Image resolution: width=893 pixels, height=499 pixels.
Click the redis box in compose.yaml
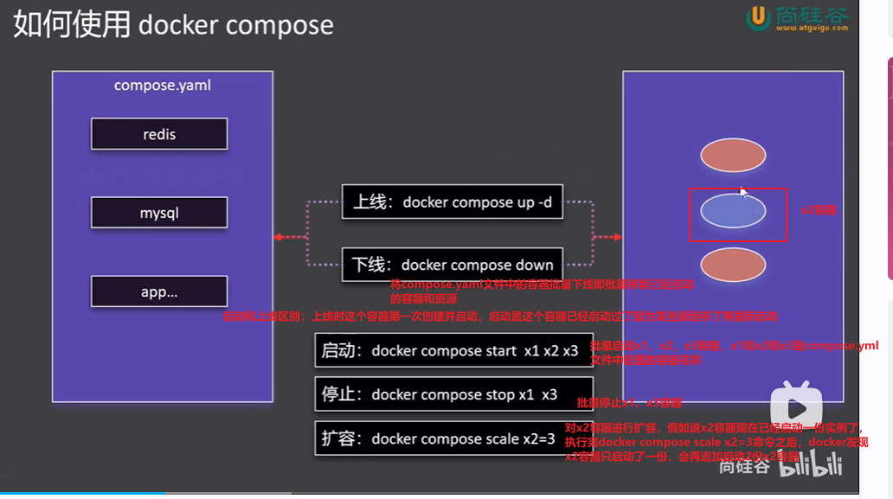click(159, 134)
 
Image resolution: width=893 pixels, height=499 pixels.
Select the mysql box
click(159, 213)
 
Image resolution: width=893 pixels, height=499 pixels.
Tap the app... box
click(159, 291)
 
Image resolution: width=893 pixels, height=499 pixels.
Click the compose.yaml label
click(163, 86)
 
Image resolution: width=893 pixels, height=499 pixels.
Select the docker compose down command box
click(453, 265)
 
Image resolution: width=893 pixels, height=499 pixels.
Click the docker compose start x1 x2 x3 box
click(453, 351)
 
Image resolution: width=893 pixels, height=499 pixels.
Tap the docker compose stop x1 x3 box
click(453, 394)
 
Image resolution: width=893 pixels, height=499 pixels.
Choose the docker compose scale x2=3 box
click(453, 438)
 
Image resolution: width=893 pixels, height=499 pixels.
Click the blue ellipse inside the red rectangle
click(732, 211)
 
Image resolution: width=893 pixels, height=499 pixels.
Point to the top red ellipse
click(732, 155)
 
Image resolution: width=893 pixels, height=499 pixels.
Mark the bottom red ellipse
click(732, 265)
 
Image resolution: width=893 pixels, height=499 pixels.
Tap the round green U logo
click(759, 16)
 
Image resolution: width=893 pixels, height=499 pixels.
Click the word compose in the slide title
click(280, 24)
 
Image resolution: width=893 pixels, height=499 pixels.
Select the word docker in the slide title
click(179, 24)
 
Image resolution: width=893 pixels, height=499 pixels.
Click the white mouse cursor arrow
click(743, 193)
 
